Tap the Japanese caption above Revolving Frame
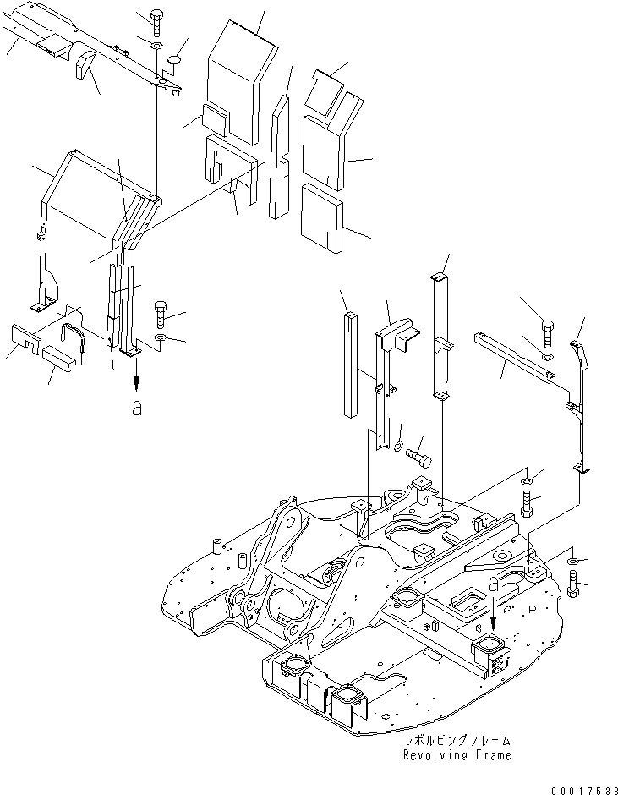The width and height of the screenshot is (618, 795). [457, 740]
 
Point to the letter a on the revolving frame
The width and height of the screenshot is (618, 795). [495, 584]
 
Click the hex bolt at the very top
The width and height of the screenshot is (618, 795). [157, 19]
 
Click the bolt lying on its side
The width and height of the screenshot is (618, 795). [420, 458]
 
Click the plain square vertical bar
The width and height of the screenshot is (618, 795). [350, 364]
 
